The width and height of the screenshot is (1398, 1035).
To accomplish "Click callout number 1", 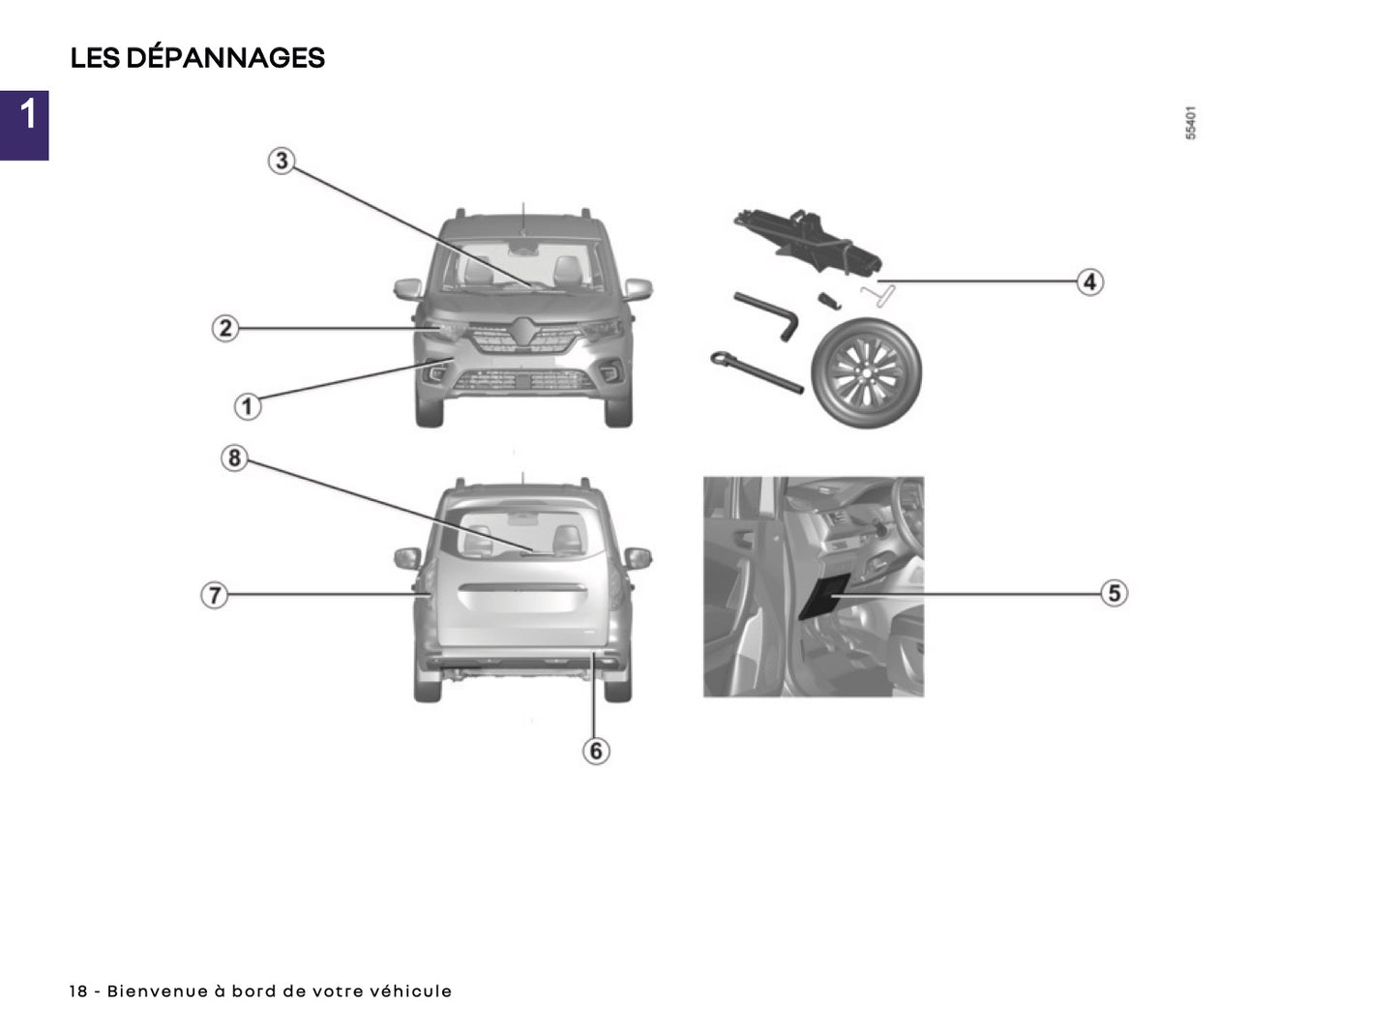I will (248, 406).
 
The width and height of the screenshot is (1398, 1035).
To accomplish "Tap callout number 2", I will (225, 328).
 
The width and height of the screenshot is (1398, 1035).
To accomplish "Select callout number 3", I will (282, 161).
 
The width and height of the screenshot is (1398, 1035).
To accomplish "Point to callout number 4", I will (1090, 281).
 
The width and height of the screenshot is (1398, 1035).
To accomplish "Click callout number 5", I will (1115, 593).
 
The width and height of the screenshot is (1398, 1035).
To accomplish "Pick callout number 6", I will (596, 751).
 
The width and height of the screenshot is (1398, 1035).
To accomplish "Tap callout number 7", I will (214, 595).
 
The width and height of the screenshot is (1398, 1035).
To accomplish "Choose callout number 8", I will (234, 458).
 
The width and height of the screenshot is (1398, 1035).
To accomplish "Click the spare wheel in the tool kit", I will (866, 372).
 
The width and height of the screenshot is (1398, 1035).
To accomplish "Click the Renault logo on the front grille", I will (523, 331).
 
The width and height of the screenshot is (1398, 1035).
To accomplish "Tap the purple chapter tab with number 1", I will (24, 125).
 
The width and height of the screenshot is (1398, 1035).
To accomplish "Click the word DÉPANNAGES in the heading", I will (225, 58).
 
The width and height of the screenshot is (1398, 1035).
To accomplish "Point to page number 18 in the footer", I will (78, 991).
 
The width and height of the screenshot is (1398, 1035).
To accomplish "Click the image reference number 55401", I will (1191, 123).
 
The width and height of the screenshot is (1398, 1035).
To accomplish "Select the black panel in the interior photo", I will (823, 596).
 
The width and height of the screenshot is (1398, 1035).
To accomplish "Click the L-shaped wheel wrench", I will (768, 315).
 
